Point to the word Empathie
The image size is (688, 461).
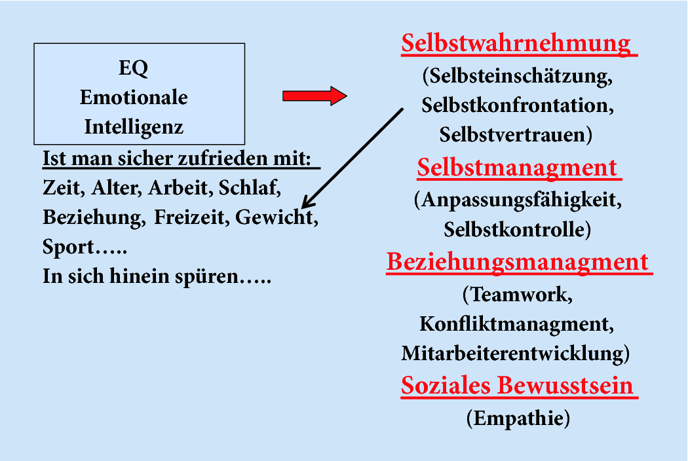tap(518, 418)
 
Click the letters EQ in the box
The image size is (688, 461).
tap(134, 67)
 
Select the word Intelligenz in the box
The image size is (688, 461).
tap(134, 126)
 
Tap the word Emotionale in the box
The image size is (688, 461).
tap(134, 98)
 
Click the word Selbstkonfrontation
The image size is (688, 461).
tap(517, 105)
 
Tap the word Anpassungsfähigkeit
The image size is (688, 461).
tap(520, 200)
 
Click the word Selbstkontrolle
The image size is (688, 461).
tap(514, 230)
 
